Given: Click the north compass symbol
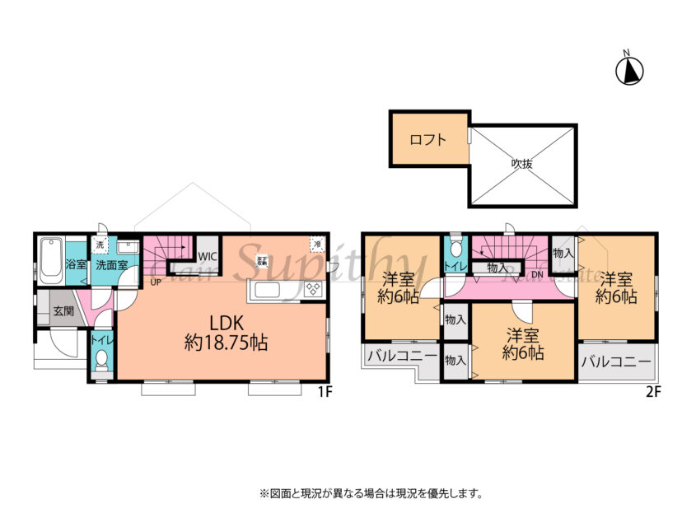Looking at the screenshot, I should point(629,71).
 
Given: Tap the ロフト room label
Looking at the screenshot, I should point(428,139).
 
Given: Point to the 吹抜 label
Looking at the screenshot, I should point(521,163).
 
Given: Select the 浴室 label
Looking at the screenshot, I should point(76,266).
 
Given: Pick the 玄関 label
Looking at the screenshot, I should point(63,312).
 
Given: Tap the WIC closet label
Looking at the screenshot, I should point(207,256).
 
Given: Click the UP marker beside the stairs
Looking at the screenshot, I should point(155,282).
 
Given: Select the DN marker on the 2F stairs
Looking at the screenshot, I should point(537,273).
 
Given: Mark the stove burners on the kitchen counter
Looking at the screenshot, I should point(313,289).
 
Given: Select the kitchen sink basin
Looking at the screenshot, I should point(272,290).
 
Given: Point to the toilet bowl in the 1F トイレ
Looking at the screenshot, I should point(101,359).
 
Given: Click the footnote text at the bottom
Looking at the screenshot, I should point(371,494).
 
